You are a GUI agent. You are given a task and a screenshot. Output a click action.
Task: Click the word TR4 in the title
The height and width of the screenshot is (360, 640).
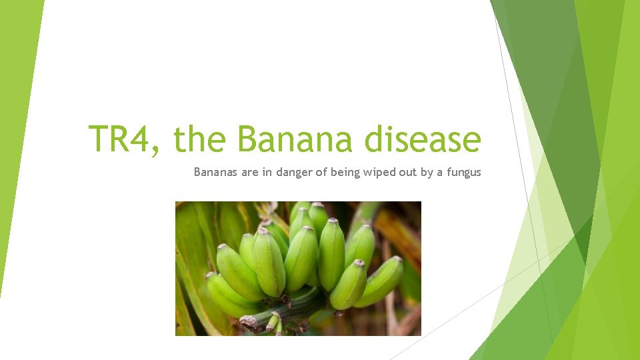122,139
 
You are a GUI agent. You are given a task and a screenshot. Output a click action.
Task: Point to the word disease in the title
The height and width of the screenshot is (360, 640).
423,139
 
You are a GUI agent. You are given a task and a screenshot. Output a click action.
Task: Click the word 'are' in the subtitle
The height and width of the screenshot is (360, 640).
250,172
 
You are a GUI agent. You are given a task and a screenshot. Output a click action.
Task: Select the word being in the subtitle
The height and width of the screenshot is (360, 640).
345,172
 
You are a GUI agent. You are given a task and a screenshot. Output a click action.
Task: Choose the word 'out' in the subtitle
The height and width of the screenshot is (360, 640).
408,172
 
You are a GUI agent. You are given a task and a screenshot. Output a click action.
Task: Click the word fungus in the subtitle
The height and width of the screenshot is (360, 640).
463,172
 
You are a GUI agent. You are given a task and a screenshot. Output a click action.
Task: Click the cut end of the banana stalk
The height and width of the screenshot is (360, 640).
248,323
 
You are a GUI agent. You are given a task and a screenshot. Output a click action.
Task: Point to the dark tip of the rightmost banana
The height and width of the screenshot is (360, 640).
397,259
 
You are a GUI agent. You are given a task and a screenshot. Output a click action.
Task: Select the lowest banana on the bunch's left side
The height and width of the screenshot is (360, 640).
223,297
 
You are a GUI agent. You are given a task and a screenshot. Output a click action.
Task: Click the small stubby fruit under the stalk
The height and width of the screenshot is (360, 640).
273,323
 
